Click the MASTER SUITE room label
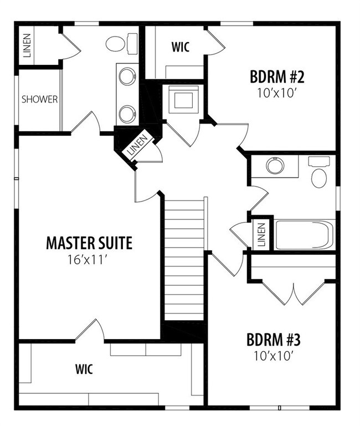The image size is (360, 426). click(x=89, y=243)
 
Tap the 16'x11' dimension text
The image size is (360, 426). click(x=86, y=260)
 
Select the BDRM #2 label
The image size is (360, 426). click(x=277, y=76)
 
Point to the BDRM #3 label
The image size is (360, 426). click(x=274, y=340)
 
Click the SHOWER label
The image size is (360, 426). click(x=40, y=99)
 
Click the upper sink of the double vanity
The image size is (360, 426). click(x=127, y=76)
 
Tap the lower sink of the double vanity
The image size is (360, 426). click(x=127, y=114)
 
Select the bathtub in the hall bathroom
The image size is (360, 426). click(x=304, y=235)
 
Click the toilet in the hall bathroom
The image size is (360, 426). click(x=318, y=172)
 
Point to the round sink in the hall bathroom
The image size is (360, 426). click(x=275, y=166)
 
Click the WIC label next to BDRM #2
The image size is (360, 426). click(x=181, y=47)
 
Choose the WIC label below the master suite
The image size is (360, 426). click(x=84, y=369)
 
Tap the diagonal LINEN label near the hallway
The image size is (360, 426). click(x=138, y=145)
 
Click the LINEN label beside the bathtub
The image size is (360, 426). click(x=261, y=235)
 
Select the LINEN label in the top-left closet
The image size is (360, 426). click(x=27, y=45)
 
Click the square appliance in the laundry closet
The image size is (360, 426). click(x=184, y=99)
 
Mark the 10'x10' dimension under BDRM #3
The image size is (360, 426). click(x=274, y=356)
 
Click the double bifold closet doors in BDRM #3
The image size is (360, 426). click(x=294, y=294)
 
